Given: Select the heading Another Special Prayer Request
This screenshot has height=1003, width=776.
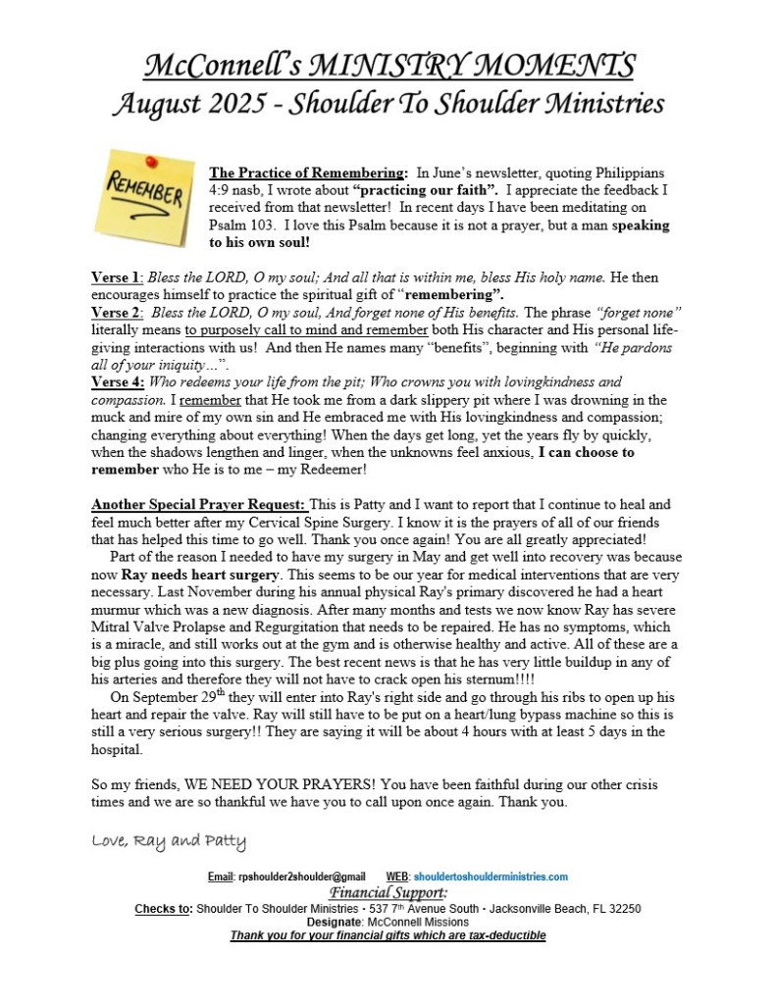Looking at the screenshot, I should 199,505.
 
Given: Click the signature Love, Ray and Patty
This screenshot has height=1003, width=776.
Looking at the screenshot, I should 169,841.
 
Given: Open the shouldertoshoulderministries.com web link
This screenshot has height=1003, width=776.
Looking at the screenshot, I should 491,877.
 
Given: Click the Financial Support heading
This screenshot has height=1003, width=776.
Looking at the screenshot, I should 388,893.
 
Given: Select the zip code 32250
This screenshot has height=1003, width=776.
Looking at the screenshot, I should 623,909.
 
